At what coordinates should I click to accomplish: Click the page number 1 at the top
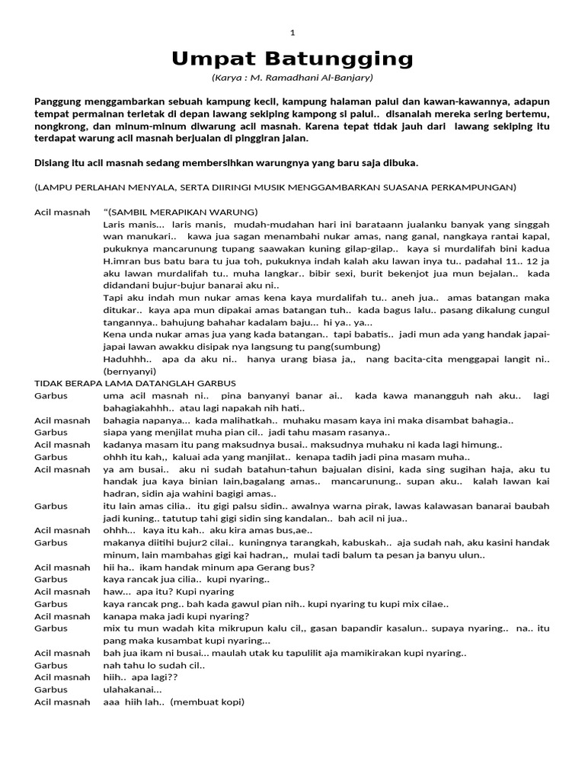293,32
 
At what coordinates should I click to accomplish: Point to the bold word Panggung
59,101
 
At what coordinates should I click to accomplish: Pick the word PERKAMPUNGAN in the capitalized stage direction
478,187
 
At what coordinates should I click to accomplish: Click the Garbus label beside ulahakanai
51,689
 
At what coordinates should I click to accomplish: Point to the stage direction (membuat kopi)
207,702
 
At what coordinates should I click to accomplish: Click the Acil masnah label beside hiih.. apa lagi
62,677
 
